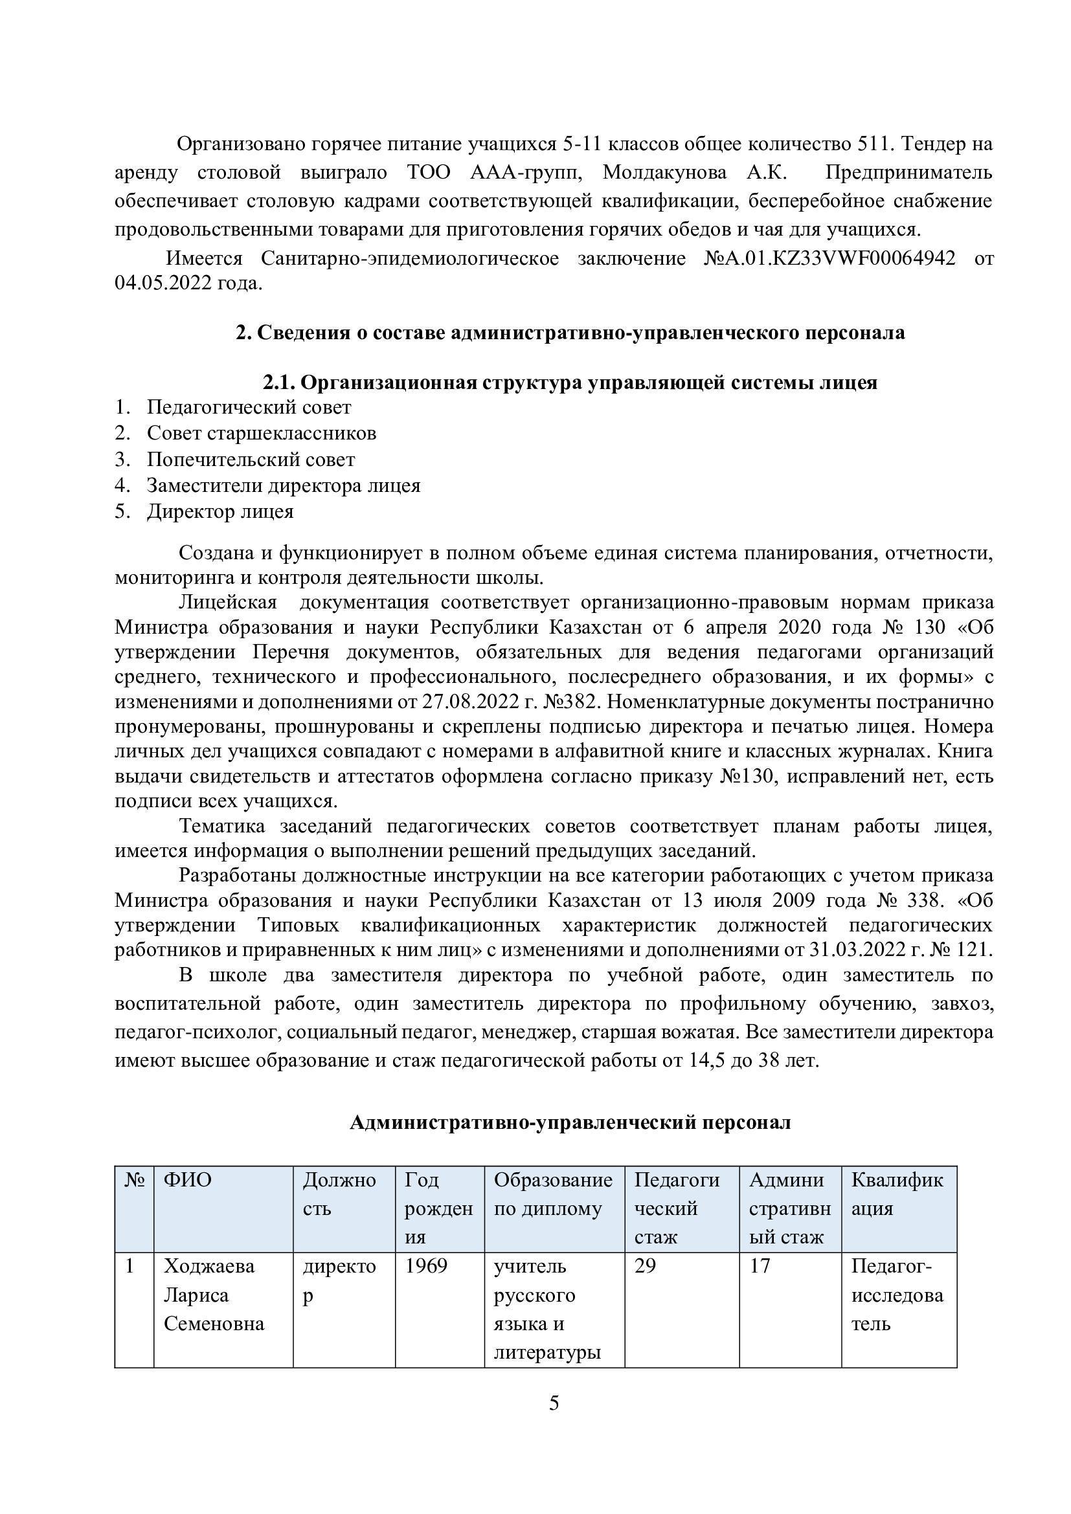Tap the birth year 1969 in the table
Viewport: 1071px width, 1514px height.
click(426, 1266)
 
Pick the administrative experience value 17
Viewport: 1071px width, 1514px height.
click(760, 1266)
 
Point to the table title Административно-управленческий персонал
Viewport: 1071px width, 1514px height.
click(570, 1122)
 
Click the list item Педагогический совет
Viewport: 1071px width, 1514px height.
click(249, 408)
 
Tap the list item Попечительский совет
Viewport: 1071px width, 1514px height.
click(251, 460)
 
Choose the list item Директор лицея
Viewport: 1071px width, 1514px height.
click(220, 512)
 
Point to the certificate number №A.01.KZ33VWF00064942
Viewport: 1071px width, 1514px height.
click(829, 258)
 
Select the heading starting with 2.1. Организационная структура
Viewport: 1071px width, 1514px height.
click(570, 383)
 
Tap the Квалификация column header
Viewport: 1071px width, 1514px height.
click(897, 1194)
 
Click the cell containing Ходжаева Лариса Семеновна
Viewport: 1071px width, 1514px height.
click(214, 1295)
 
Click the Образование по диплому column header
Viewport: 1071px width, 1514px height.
click(553, 1194)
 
